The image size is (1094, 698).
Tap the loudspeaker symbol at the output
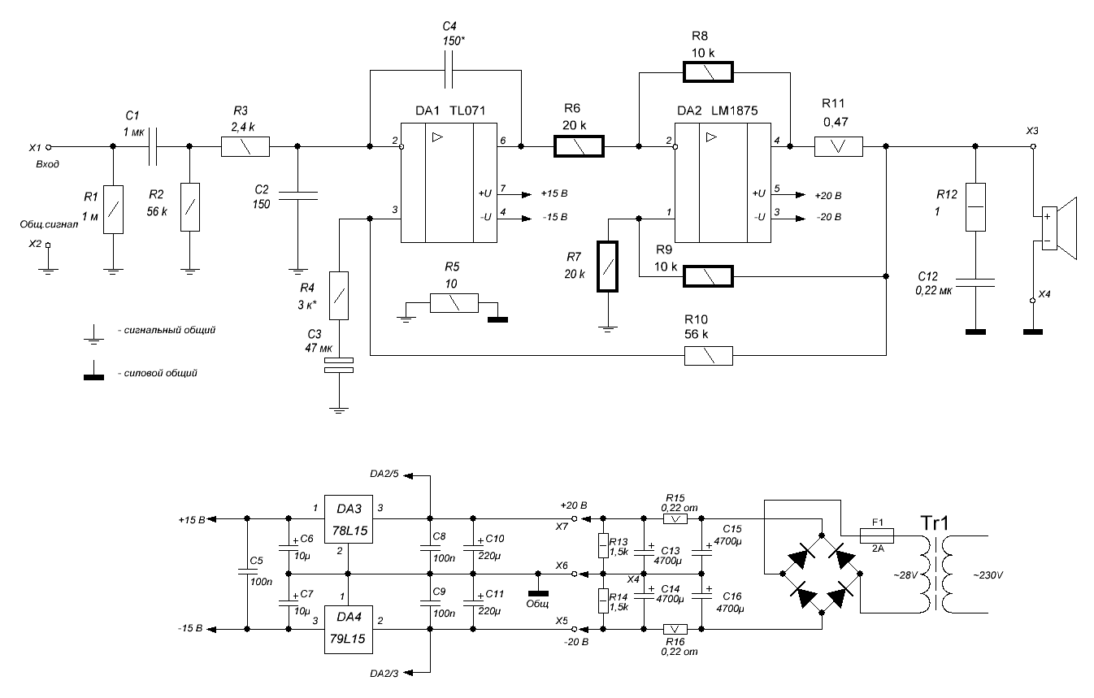coord(1057,228)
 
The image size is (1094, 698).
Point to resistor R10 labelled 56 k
coord(708,355)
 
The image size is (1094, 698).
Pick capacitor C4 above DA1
coord(449,71)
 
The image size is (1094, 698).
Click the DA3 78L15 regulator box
coord(349,519)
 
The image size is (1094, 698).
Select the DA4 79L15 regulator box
coord(349,628)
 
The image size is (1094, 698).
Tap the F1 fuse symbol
coord(877,535)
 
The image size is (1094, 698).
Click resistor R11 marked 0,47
coord(838,147)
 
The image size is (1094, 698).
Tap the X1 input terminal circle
coord(48,147)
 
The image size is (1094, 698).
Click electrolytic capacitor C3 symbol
coord(339,365)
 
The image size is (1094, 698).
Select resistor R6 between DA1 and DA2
coord(579,147)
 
